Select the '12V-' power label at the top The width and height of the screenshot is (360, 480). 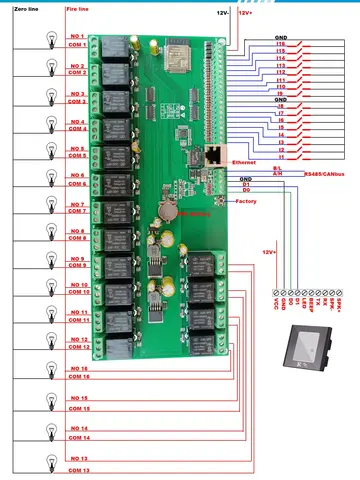[223, 12]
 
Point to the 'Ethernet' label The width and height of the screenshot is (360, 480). [243, 161]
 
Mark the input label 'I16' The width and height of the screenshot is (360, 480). [280, 44]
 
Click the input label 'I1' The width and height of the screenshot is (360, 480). [281, 157]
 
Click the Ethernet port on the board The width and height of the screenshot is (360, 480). [215, 157]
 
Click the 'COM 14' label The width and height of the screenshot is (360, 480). [78, 438]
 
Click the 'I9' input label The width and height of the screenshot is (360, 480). [281, 93]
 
